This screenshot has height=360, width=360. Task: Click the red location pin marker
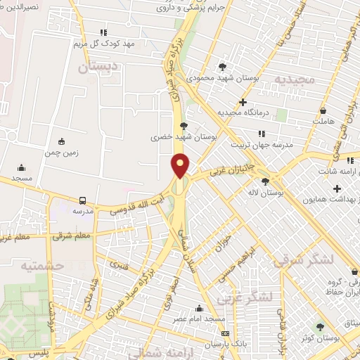[x=181, y=165]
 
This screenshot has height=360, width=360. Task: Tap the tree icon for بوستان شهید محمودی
[x=222, y=67]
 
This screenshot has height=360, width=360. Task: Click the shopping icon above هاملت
[x=322, y=110]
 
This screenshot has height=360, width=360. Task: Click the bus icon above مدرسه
[x=83, y=200]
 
